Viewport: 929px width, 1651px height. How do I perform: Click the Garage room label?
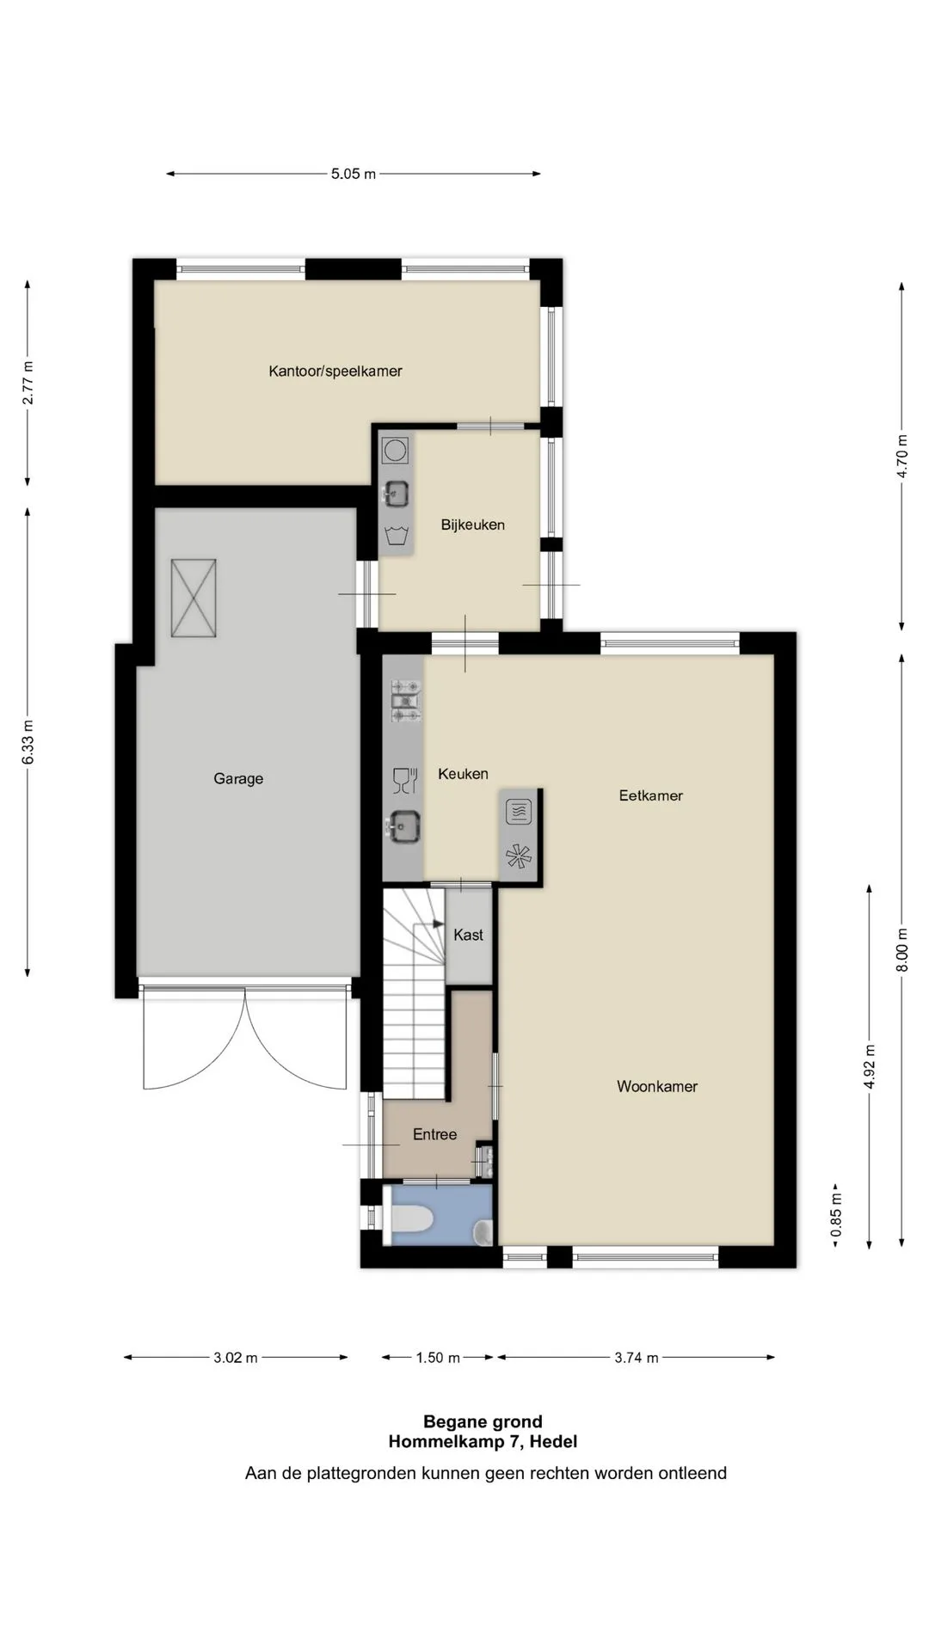238,779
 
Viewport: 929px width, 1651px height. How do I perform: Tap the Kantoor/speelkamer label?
335,371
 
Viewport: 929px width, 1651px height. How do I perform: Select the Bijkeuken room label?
473,525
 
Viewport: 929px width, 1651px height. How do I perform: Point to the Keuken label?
463,774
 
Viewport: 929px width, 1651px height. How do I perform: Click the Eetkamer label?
651,795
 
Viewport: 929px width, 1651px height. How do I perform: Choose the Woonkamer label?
657,1086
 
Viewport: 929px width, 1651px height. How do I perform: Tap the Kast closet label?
469,935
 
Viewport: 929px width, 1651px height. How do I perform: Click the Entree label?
435,1134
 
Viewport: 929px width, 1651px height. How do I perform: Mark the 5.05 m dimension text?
354,174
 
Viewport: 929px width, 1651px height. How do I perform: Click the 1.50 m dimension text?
438,1358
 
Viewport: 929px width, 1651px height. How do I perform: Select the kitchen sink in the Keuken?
403,827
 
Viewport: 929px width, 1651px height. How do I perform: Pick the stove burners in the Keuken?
406,700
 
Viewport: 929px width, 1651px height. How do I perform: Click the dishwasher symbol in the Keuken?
404,780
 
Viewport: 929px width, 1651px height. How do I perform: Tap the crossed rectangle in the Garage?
194,598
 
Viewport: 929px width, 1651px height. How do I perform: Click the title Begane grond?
483,1421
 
